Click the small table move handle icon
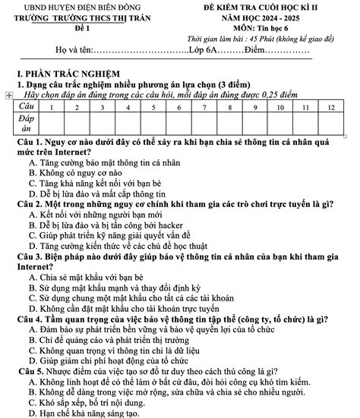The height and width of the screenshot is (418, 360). click(x=8, y=96)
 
